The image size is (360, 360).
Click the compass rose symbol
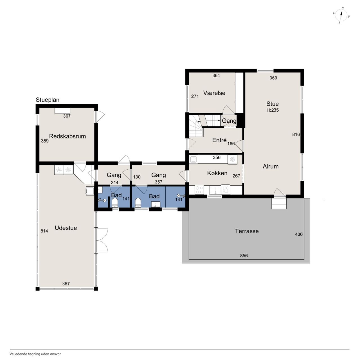tap(341, 15)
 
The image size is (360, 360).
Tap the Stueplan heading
tap(48, 100)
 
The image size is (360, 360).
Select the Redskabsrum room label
tap(67, 136)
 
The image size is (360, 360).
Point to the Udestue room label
tap(66, 228)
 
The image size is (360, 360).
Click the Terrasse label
tap(247, 231)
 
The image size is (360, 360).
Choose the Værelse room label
tap(214, 93)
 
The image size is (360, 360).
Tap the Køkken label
tap(217, 173)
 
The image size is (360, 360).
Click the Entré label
tap(219, 140)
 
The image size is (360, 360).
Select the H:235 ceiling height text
tap(272, 110)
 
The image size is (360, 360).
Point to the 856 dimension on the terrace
tap(244, 255)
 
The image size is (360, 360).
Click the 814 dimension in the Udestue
tap(44, 231)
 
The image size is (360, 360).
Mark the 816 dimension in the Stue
tap(296, 134)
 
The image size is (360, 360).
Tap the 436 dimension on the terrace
tap(299, 234)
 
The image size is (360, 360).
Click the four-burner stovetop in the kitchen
tap(199, 190)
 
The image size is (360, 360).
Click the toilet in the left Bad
tap(115, 203)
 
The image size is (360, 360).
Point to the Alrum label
tap(271, 166)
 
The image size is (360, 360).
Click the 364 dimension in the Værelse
tap(216, 75)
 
